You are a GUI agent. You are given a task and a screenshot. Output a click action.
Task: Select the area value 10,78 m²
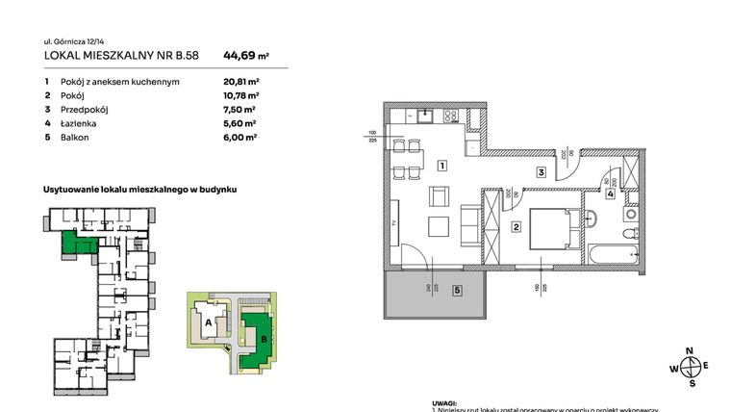[241, 95]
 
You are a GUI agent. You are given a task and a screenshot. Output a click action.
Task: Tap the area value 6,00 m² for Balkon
[241, 137]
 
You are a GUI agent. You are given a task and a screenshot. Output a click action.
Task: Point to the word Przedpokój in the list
[85, 110]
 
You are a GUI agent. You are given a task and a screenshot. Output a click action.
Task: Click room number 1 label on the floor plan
[440, 166]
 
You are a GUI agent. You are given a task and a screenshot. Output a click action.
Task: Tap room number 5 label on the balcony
[457, 289]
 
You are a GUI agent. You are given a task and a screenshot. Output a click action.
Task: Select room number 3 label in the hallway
[542, 173]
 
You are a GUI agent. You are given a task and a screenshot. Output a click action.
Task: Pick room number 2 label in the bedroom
[516, 227]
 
